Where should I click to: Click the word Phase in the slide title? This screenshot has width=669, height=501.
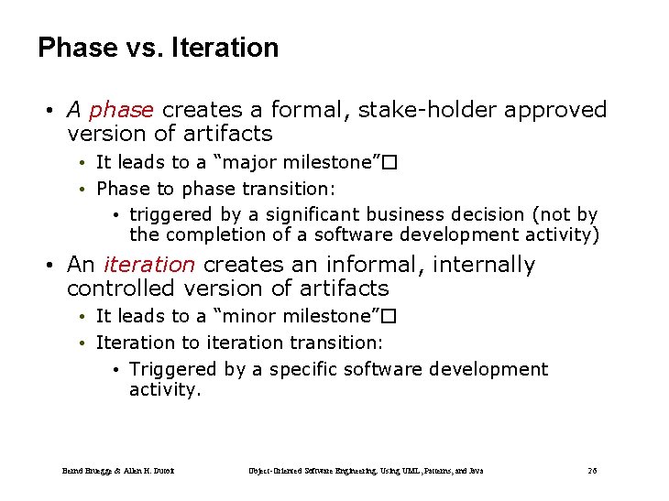pos(77,48)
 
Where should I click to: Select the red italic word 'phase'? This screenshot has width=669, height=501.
pos(121,110)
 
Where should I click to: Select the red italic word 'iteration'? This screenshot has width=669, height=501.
pos(148,265)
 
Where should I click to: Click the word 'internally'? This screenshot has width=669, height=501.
pos(485,265)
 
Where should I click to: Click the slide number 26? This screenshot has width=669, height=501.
pos(592,471)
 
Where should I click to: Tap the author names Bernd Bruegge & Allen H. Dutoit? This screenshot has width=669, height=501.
pos(118,471)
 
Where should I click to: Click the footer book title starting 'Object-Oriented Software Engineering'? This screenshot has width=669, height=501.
pos(367,471)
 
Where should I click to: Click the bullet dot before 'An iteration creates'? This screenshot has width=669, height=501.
pos(49,266)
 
